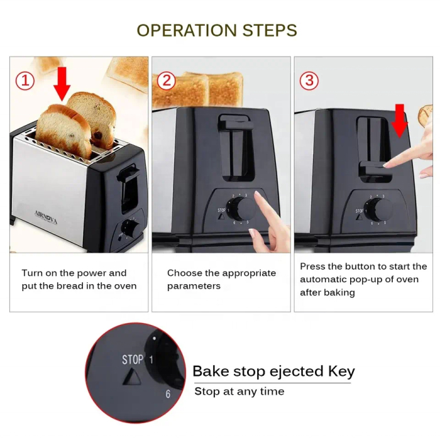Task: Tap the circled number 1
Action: (x=25, y=80)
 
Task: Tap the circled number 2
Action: (x=166, y=80)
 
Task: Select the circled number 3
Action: (x=309, y=80)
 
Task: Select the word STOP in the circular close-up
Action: (x=132, y=360)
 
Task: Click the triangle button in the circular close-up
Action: (x=133, y=378)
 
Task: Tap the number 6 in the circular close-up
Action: (x=168, y=394)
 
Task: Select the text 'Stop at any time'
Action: (x=239, y=392)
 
